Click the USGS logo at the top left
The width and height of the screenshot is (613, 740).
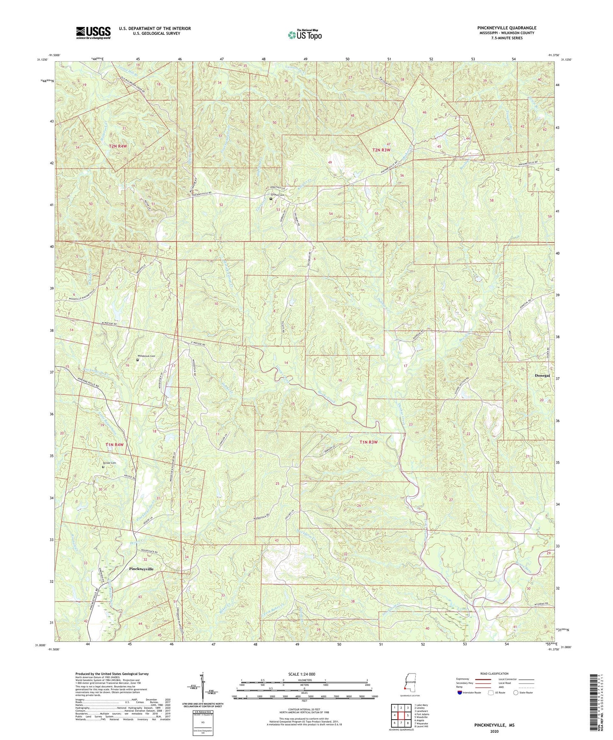tap(93, 32)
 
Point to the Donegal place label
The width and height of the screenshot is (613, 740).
tap(542, 376)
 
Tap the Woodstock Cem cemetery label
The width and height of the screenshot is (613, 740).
tap(146, 356)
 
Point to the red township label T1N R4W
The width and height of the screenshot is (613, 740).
tap(115, 445)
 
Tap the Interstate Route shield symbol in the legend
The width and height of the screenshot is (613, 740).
tap(460, 693)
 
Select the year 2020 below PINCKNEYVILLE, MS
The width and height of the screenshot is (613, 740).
tap(494, 732)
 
